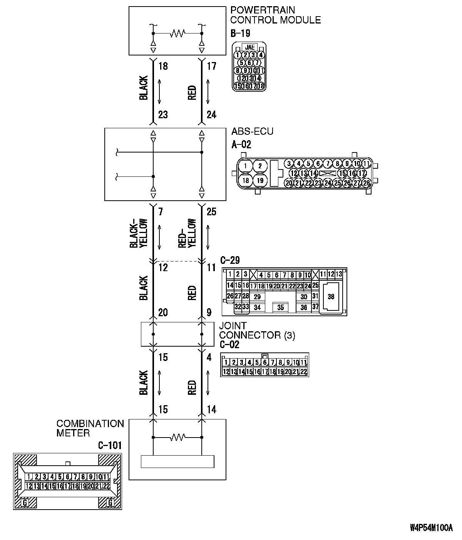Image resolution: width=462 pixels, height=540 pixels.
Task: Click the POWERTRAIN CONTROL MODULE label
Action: pyautogui.click(x=275, y=15)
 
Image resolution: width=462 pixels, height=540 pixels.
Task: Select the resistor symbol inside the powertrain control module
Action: pyautogui.click(x=177, y=33)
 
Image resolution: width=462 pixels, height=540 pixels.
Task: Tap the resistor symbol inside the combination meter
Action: pyautogui.click(x=177, y=437)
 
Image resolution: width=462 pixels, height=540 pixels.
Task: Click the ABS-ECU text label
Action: pyautogui.click(x=252, y=131)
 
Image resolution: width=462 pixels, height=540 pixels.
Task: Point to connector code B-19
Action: pyautogui.click(x=240, y=33)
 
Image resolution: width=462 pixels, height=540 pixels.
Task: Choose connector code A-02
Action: pyautogui.click(x=241, y=144)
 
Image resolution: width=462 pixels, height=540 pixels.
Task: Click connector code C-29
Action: pyautogui.click(x=230, y=260)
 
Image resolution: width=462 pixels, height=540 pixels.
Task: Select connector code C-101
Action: pyautogui.click(x=110, y=446)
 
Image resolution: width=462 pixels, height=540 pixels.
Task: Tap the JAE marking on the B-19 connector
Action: pyautogui.click(x=250, y=47)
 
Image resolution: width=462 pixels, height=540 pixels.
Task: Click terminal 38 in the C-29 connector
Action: pyautogui.click(x=331, y=297)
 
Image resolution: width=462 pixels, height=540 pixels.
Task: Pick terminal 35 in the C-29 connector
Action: pyautogui.click(x=280, y=307)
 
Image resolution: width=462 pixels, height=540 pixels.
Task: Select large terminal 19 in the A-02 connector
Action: pyautogui.click(x=260, y=180)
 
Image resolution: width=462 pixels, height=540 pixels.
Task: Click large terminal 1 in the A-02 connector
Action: pyautogui.click(x=245, y=166)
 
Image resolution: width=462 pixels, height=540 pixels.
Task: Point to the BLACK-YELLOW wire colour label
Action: pyautogui.click(x=138, y=233)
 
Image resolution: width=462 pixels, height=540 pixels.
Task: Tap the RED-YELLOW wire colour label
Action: pyautogui.click(x=187, y=233)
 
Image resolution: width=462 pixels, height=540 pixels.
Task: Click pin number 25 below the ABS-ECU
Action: pyautogui.click(x=211, y=211)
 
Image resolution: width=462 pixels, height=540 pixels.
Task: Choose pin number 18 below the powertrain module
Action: pyautogui.click(x=163, y=66)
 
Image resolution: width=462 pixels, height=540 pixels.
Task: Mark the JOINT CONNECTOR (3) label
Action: pyautogui.click(x=257, y=330)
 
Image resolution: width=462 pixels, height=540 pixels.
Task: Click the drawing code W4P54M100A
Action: pyautogui.click(x=431, y=528)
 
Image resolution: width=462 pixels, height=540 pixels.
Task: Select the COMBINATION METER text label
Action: pyautogui.click(x=90, y=428)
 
